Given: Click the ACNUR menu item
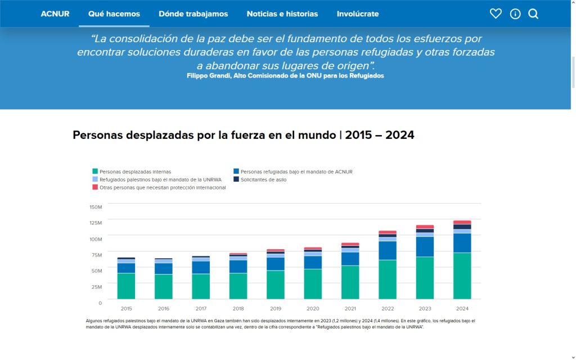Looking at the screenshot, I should coord(55,13).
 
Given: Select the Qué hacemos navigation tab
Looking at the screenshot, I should coord(114,13).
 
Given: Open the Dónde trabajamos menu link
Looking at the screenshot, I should coord(193,13).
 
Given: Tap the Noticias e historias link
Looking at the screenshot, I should coord(282,13).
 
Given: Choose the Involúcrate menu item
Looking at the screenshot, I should coord(358,13).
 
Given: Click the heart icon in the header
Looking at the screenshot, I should coord(496,13).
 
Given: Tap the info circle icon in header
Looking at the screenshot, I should coord(515,13).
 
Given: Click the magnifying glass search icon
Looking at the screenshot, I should coord(533,13).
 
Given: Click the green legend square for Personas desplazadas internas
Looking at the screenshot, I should coord(95,172).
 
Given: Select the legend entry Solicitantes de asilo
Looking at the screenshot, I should coord(263,179).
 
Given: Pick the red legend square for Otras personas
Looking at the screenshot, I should coord(95,187).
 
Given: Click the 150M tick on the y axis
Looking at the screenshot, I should coord(96,207).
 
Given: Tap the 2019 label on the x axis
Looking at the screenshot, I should coord(276,308).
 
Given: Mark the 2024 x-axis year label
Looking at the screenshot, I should coord(462,308).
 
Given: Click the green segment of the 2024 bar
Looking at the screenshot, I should coord(462,276).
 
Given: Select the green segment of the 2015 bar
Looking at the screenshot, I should coord(127,286).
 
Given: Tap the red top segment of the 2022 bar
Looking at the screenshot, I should coord(388,232).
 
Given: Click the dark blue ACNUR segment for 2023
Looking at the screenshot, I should coord(425,246).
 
